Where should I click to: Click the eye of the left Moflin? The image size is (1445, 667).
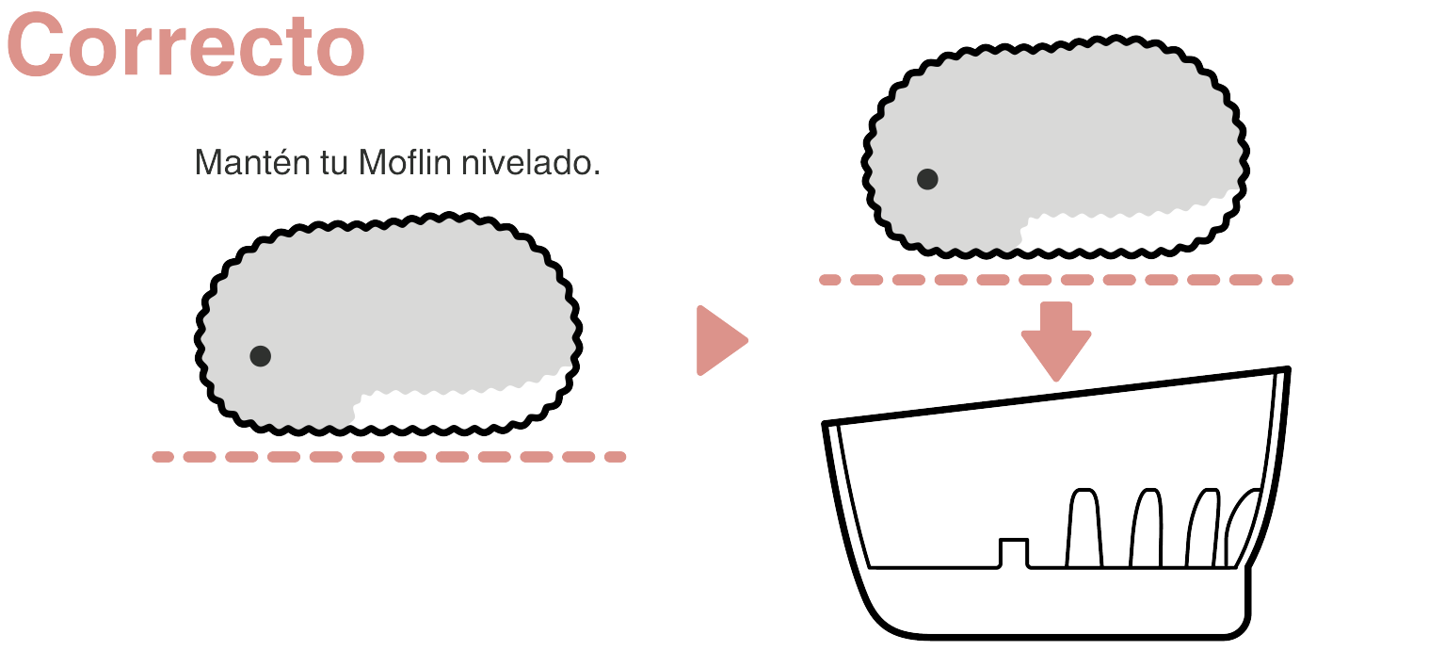[x=261, y=356]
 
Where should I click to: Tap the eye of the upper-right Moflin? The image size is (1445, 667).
[x=927, y=179]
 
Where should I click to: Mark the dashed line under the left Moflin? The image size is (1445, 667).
[x=389, y=457]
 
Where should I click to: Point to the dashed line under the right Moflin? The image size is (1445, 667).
[x=1055, y=280]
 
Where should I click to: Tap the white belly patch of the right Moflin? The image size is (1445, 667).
[x=1120, y=229]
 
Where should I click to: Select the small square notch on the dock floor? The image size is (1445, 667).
[x=1013, y=552]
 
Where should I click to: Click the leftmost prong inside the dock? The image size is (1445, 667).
[x=1084, y=528]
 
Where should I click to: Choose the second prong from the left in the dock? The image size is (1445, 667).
[x=1147, y=528]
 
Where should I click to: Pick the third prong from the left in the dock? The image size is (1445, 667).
[x=1202, y=529]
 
